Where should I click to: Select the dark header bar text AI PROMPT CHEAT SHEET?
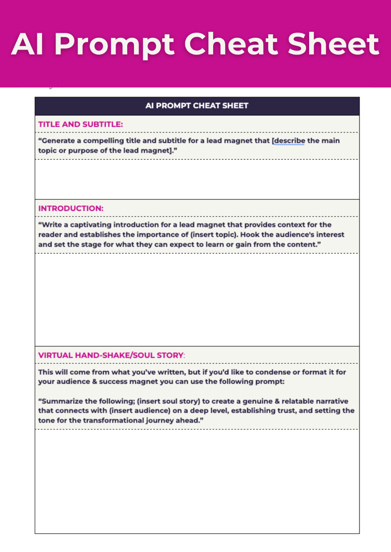(197, 106)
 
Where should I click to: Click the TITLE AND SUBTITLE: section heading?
(81, 124)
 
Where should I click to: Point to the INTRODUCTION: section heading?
(71, 209)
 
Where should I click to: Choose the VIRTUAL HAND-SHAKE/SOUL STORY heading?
(111, 355)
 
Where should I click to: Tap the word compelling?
(103, 141)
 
